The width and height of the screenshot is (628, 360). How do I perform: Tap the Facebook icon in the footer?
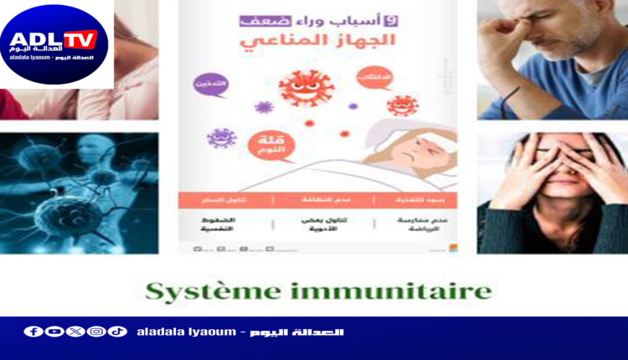pyautogui.click(x=33, y=332)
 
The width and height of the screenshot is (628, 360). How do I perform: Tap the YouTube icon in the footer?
pyautogui.click(x=54, y=332)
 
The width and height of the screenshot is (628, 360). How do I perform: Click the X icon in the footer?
pyautogui.click(x=75, y=332)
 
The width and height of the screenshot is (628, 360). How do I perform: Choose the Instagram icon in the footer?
pyautogui.click(x=96, y=332)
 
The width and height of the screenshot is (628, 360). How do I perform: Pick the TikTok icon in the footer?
pyautogui.click(x=117, y=332)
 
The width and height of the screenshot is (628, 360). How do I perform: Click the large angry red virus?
pyautogui.click(x=306, y=89)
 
